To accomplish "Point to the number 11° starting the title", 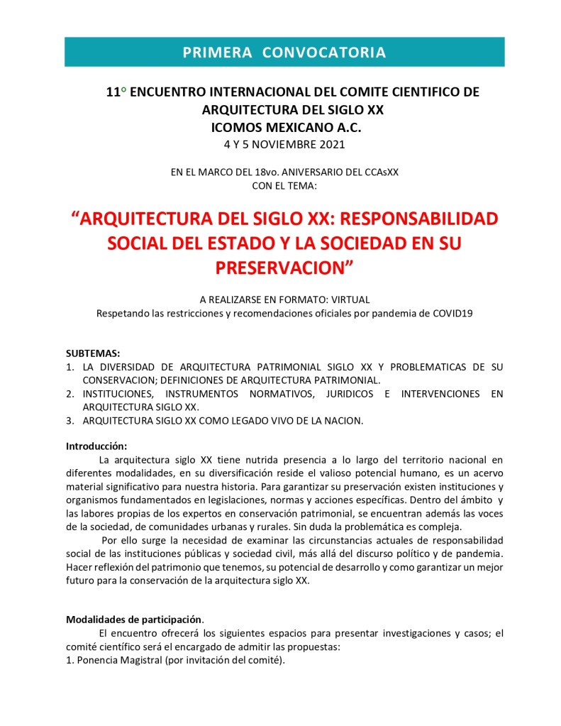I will tap(116, 93).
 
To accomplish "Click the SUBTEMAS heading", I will tap(93, 353).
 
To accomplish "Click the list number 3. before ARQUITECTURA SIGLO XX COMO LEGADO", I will tap(70, 420).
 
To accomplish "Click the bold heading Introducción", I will tap(96, 446).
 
